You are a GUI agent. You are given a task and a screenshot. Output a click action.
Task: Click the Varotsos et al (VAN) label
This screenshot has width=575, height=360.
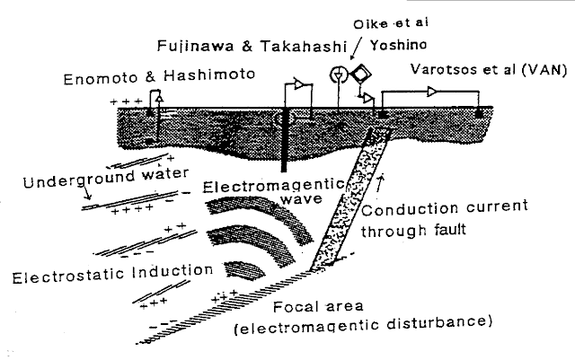tap(489, 70)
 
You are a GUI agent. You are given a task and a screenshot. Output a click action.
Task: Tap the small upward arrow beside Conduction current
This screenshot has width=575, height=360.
tap(388, 186)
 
